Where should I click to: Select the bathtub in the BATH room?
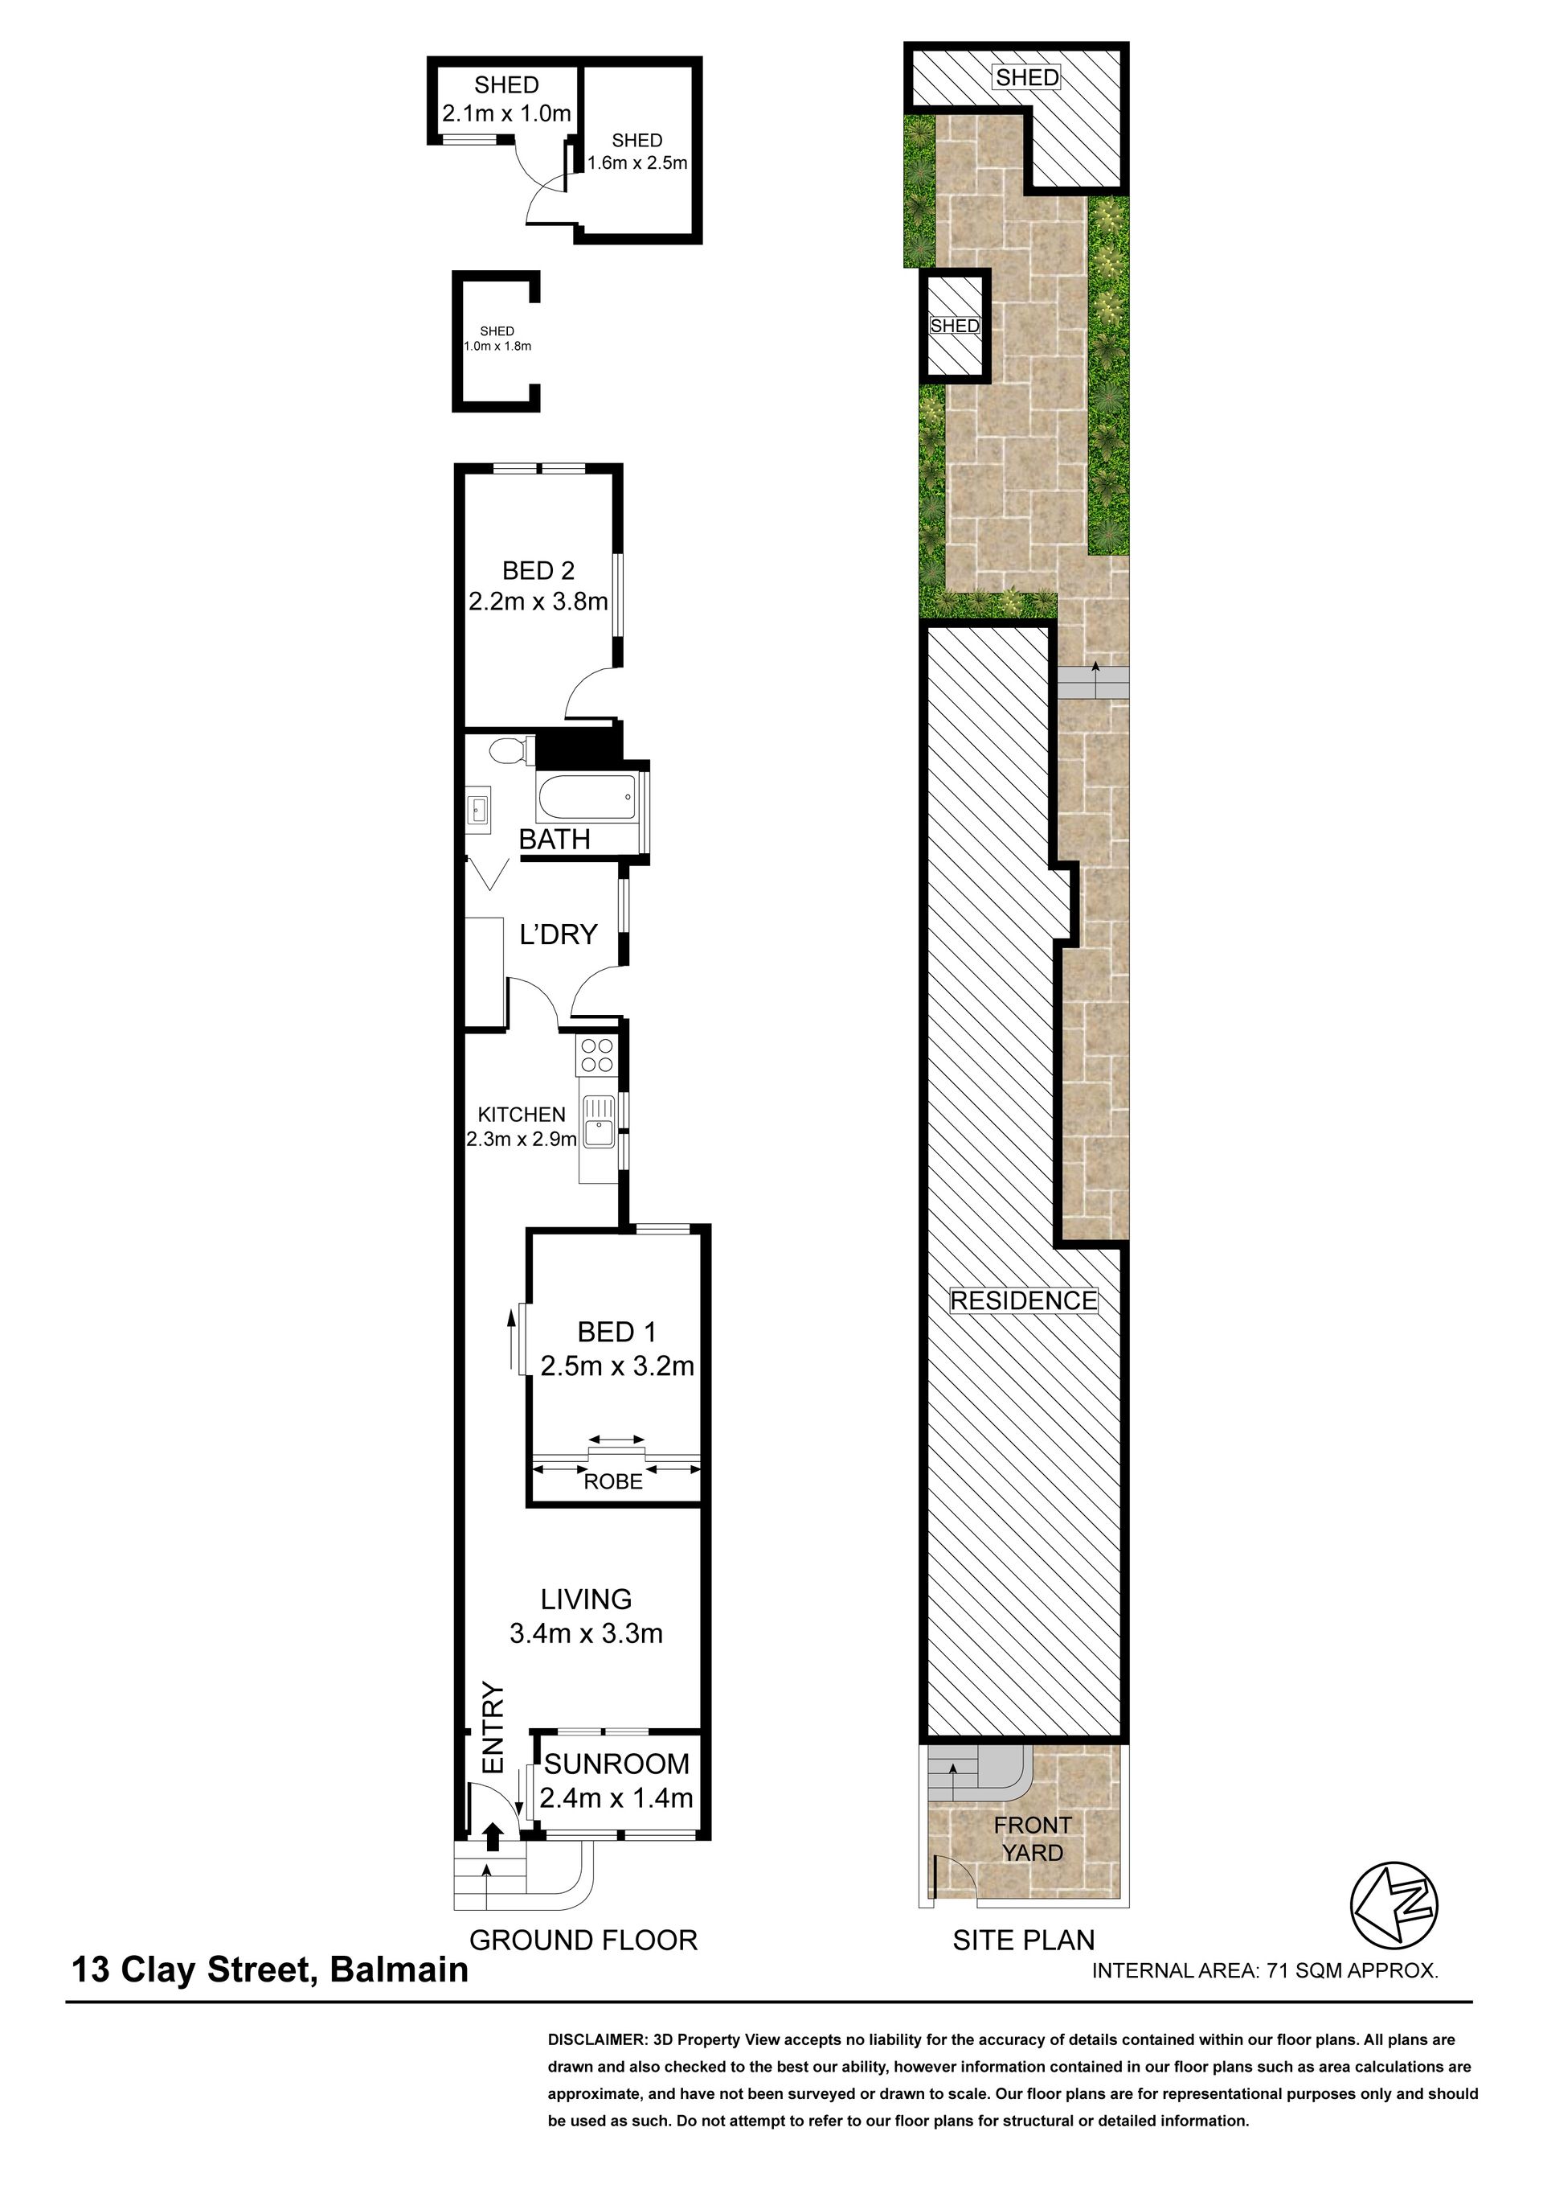(x=587, y=796)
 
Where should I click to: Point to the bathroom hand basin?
(x=477, y=810)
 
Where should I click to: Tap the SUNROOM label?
(x=616, y=1764)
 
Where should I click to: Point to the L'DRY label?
(x=559, y=934)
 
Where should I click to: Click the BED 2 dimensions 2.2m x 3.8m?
(x=538, y=602)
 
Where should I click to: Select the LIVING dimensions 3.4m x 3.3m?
(x=586, y=1633)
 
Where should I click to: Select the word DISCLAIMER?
(x=596, y=2039)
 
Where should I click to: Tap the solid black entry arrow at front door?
(x=493, y=1837)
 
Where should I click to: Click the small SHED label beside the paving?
(x=954, y=326)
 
